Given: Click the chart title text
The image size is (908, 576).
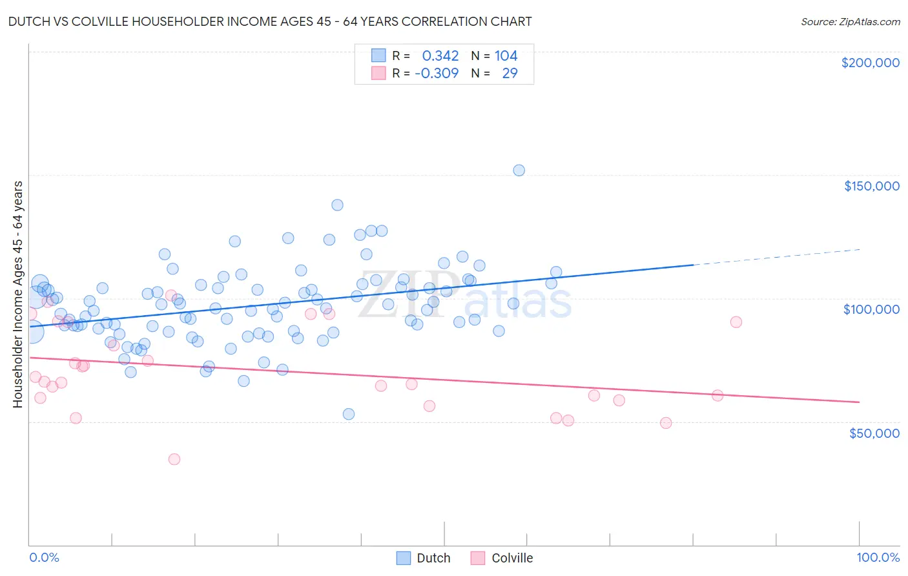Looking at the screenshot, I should coord(271,21).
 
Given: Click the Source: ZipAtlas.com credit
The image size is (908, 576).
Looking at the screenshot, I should coord(850,22).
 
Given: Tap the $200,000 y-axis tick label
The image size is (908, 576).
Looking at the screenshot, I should coord(870,63).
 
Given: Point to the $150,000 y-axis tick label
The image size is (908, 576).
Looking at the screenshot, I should coord(871,186).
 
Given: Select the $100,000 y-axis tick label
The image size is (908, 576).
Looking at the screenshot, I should coord(871,309).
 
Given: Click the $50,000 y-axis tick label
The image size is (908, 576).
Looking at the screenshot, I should coord(874,433).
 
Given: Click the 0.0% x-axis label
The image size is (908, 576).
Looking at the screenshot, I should coord(44,557).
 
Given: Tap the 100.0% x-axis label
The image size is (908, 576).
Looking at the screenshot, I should coord(878,557).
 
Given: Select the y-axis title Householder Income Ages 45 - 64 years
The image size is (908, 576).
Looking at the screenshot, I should coord(18,294).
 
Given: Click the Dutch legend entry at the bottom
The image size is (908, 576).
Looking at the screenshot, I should coord(424,558).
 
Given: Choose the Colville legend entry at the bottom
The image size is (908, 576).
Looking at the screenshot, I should coord(502,558).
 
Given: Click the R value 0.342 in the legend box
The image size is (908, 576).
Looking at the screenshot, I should coord(440,56).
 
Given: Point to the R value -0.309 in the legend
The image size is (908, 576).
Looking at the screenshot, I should coord(437,74).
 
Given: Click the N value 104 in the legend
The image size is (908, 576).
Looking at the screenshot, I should coord(506,56).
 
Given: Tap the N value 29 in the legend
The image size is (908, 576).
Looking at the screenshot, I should coord(510,74).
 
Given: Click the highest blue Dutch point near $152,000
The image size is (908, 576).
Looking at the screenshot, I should coord(519,170).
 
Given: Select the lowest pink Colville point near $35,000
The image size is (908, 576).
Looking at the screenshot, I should coord(174,459).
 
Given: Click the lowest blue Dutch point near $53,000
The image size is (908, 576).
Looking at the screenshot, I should coord(349,414).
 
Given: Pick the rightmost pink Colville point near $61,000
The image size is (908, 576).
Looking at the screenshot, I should coord(717,396).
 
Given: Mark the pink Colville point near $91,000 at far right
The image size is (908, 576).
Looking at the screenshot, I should coord(736,322).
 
